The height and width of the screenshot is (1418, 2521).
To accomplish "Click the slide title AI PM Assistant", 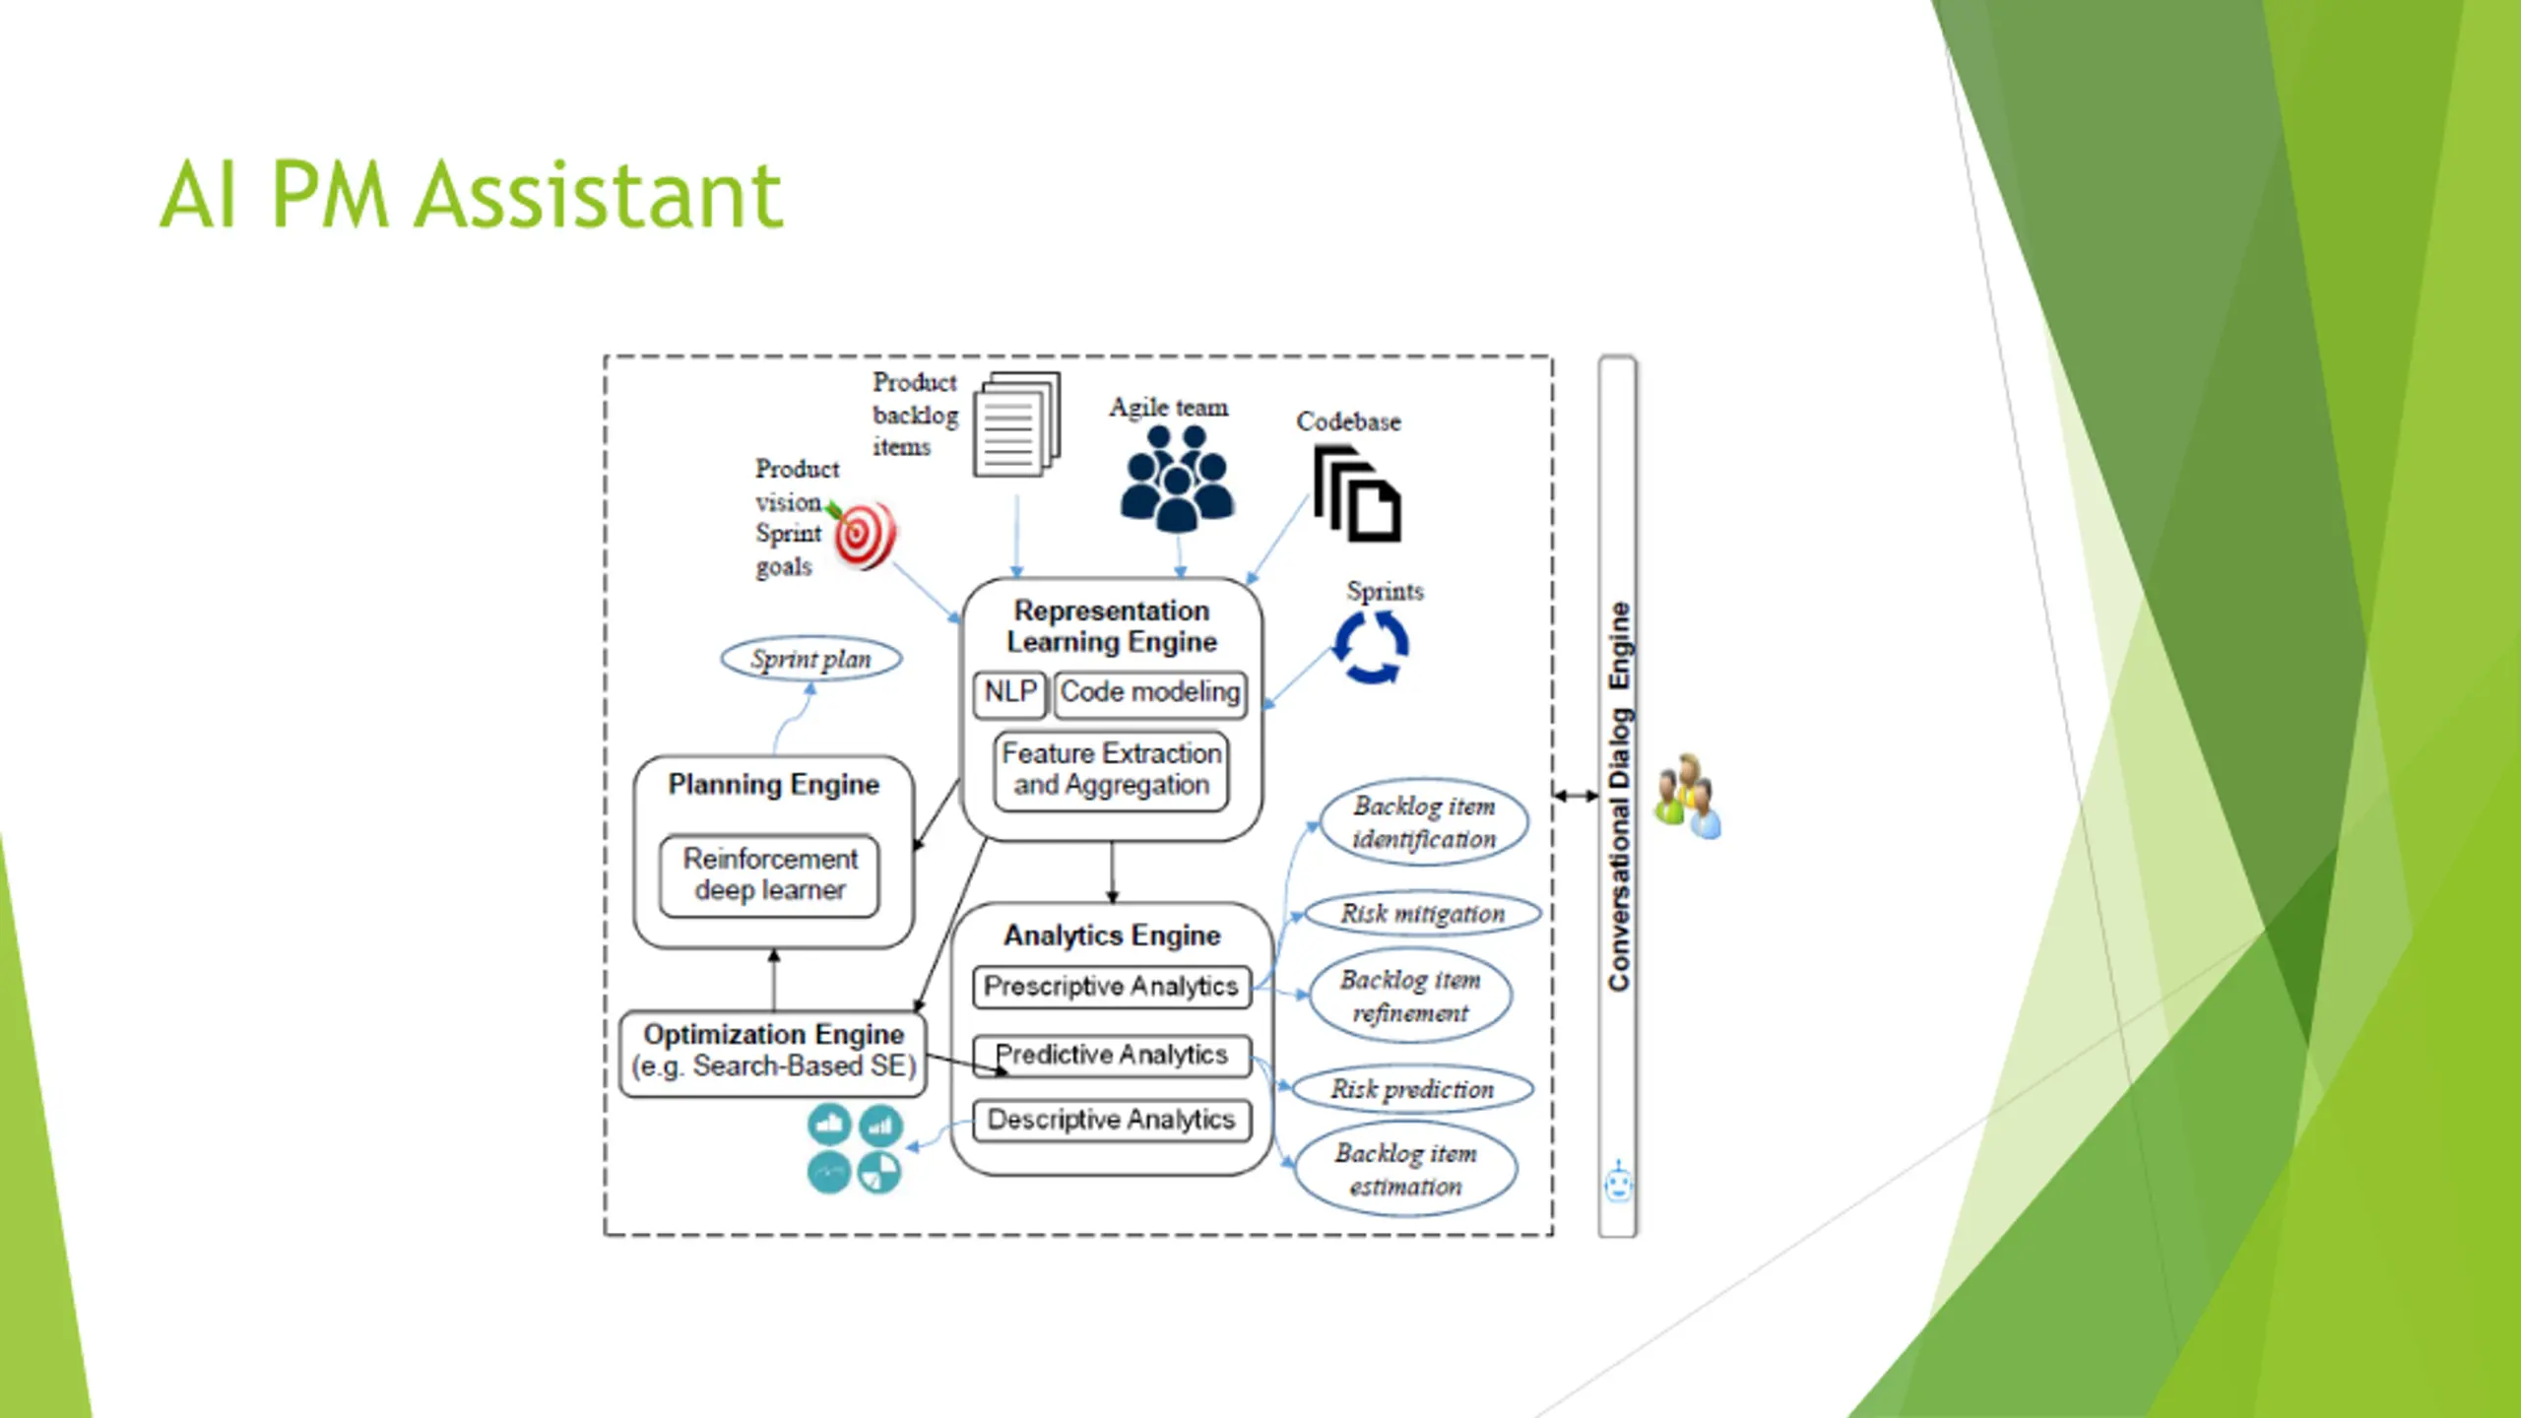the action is [x=471, y=194].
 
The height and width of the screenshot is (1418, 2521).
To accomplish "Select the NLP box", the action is [x=1009, y=693].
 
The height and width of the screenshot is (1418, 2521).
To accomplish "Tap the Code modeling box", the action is [x=1149, y=693].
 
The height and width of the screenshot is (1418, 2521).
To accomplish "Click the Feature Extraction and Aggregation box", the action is [x=1111, y=770].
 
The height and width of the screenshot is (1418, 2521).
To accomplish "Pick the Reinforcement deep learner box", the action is [x=769, y=875].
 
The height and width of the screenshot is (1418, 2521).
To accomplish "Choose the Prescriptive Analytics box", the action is [x=1111, y=987].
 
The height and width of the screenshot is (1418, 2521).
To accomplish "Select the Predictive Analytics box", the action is [x=1111, y=1056].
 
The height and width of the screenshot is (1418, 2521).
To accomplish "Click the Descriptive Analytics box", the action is [x=1111, y=1121].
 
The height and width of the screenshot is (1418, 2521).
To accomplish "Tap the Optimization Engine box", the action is [x=773, y=1053].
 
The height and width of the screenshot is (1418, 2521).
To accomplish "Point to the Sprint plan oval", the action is [x=810, y=659].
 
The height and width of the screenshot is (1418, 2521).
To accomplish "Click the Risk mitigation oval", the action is [x=1422, y=914].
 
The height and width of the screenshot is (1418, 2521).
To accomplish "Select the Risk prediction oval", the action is [x=1412, y=1089].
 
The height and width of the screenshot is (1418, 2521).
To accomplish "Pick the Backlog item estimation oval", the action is [x=1405, y=1170].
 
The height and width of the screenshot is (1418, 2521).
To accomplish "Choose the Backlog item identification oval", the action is [x=1424, y=823].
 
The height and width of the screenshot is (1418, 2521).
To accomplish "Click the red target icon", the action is [x=864, y=535].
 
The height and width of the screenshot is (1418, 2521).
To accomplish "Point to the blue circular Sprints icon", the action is [x=1371, y=647].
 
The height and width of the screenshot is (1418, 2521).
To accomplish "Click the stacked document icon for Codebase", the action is [x=1357, y=494].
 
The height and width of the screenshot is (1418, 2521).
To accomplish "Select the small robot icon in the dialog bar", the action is [x=1618, y=1182].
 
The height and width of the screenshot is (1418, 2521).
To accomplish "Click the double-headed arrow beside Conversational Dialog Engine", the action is [x=1577, y=796].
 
